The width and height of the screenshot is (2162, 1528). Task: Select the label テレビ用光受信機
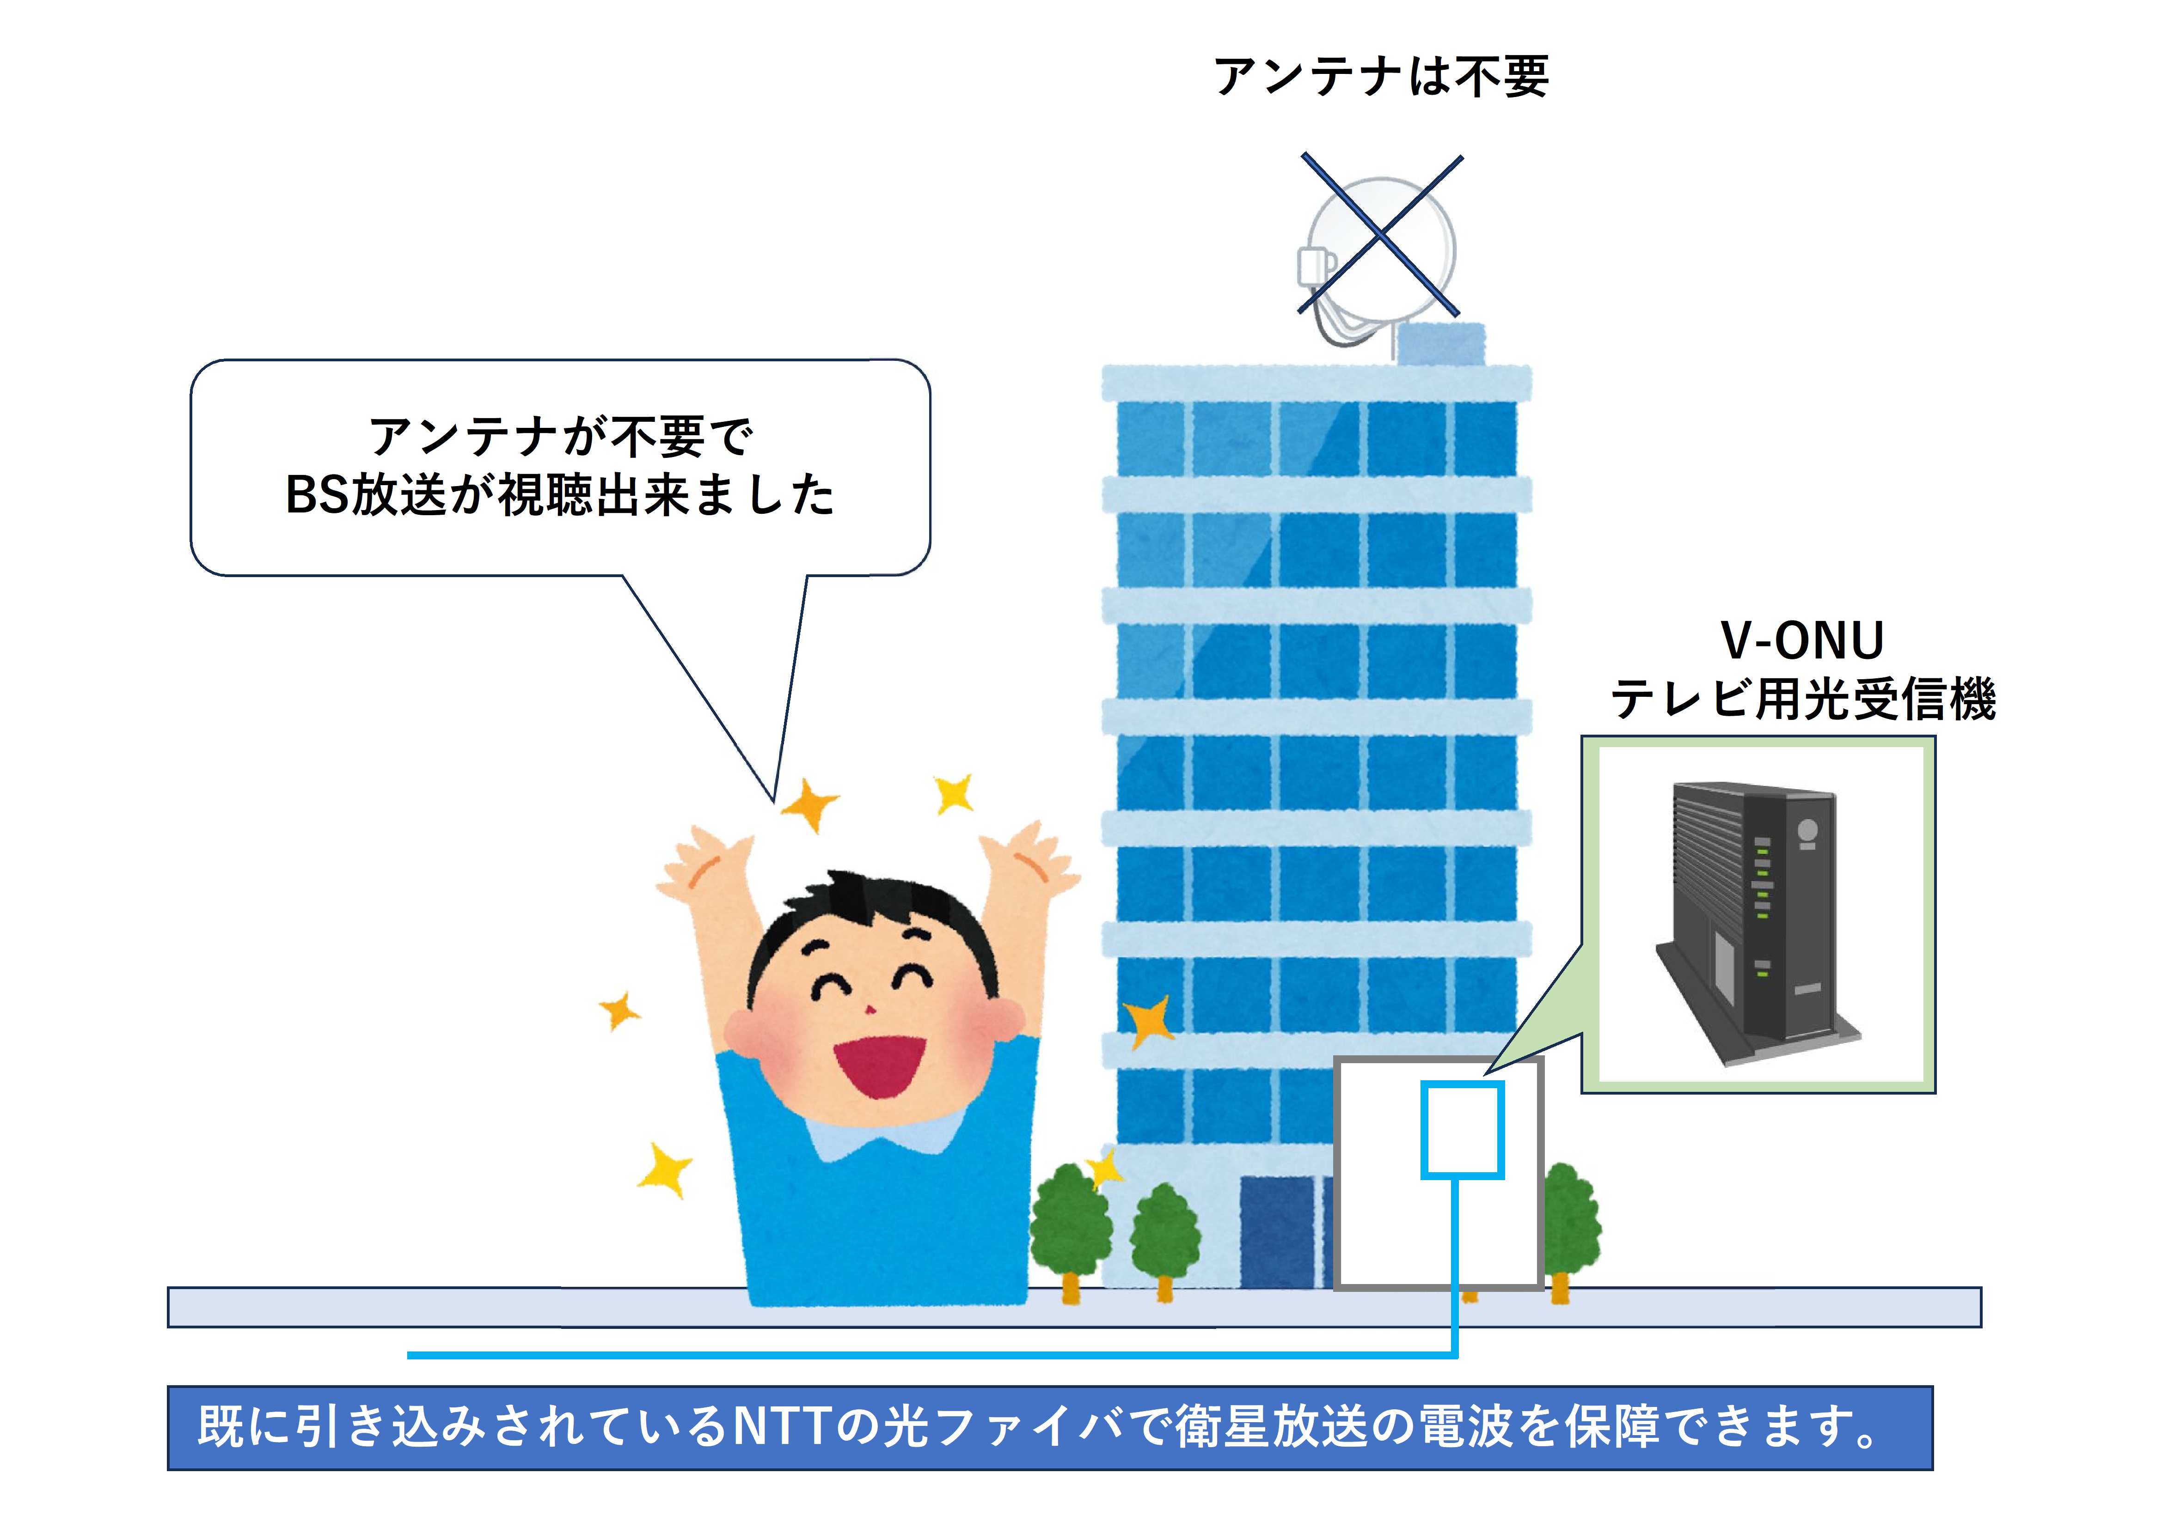[x=1803, y=700]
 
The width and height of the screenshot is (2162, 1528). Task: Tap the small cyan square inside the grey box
[x=1461, y=1130]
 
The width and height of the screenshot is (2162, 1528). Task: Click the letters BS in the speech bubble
[x=316, y=495]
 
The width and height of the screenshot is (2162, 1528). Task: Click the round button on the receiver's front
[x=1808, y=830]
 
